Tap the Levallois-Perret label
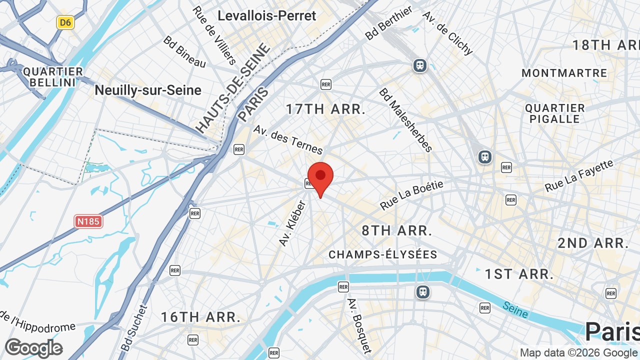tap(267, 15)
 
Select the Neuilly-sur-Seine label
tap(148, 90)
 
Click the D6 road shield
tap(65, 22)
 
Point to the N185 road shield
tap(88, 221)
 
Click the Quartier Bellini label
tap(52, 77)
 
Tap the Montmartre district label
tap(564, 73)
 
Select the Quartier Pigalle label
tap(555, 113)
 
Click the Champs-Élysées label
tap(383, 254)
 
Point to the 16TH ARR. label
tap(200, 317)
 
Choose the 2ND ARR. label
tap(593, 243)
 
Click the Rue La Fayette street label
tap(579, 175)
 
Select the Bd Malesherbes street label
tap(405, 120)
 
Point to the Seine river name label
tap(515, 309)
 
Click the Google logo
tap(33, 348)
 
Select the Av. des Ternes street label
tap(288, 139)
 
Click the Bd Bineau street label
tap(184, 51)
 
